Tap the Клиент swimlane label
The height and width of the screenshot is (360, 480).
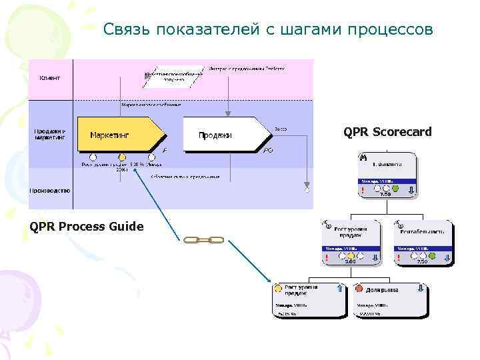pyautogui.click(x=49, y=78)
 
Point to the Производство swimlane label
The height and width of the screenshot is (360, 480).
pyautogui.click(x=49, y=190)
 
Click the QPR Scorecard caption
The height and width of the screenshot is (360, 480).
pyautogui.click(x=387, y=132)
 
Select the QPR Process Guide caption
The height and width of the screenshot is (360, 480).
pyautogui.click(x=87, y=227)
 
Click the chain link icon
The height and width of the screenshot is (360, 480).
pyautogui.click(x=203, y=239)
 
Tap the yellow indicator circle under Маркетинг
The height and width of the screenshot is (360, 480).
pyautogui.click(x=123, y=157)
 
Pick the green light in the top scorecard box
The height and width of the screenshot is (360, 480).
pyautogui.click(x=395, y=189)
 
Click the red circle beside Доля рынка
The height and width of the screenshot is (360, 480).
pyautogui.click(x=359, y=289)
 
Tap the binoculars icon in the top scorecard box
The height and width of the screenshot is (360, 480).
pyautogui.click(x=363, y=158)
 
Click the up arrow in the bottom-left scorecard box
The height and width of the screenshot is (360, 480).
pyautogui.click(x=340, y=289)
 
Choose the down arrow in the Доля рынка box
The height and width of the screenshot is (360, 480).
pyautogui.click(x=421, y=289)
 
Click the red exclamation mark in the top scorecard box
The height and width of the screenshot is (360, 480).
pyautogui.click(x=362, y=190)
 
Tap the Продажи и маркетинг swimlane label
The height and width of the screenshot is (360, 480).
pyautogui.click(x=49, y=135)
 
